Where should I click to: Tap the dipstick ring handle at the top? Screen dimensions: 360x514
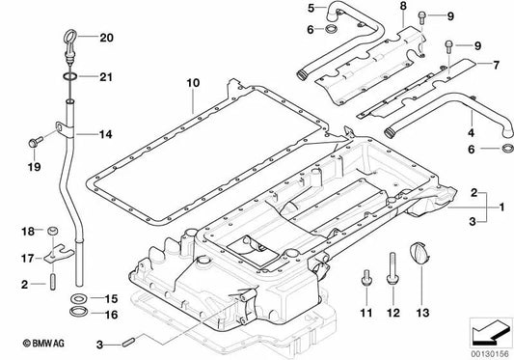[x=73, y=42]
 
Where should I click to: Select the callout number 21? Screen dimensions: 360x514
[x=105, y=76]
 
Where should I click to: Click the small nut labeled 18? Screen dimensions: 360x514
[x=53, y=232]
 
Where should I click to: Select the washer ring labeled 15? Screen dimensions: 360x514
[x=76, y=298]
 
